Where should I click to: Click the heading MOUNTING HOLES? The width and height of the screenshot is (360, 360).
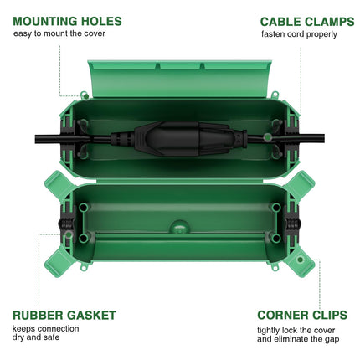pyautogui.click(x=67, y=22)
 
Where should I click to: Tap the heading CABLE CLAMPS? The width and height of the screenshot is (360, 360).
pyautogui.click(x=307, y=22)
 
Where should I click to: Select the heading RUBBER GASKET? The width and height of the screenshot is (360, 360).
pyautogui.click(x=64, y=316)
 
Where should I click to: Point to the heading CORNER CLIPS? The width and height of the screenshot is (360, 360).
pyautogui.click(x=302, y=315)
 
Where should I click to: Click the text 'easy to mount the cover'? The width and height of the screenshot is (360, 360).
pyautogui.click(x=59, y=33)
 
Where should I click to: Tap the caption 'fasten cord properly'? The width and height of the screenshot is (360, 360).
pyautogui.click(x=299, y=34)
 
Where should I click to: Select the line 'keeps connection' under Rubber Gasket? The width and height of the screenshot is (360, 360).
pyautogui.click(x=45, y=328)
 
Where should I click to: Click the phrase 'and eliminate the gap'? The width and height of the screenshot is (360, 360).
pyautogui.click(x=298, y=339)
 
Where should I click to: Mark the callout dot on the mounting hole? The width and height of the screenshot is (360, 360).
pyautogui.click(x=86, y=96)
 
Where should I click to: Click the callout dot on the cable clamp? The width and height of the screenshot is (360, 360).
pyautogui.click(x=268, y=136)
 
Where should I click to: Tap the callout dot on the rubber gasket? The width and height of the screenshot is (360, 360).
pyautogui.click(x=69, y=234)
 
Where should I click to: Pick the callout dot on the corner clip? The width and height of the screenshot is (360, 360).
pyautogui.click(x=300, y=260)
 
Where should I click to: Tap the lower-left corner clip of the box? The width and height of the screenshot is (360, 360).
pyautogui.click(x=58, y=262)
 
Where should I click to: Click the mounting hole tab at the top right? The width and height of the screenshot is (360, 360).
pyautogui.click(x=275, y=95)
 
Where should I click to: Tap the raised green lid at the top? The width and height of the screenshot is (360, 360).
pyautogui.click(x=179, y=79)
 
